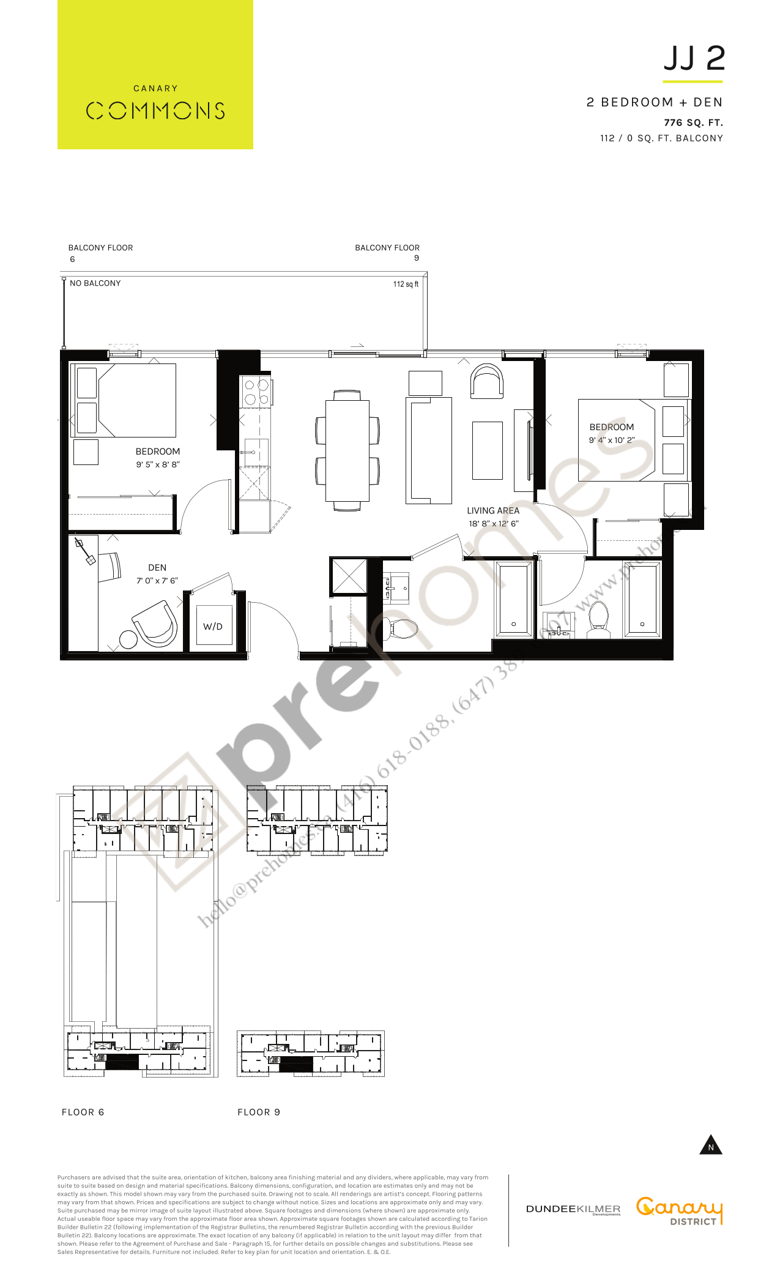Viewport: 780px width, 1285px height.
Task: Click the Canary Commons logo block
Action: [155, 75]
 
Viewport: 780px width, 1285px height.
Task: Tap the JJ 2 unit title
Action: [694, 59]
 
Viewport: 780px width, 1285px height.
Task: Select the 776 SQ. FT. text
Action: [693, 122]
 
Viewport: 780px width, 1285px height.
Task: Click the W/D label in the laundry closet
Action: [213, 627]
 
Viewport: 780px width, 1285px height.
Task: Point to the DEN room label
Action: [157, 568]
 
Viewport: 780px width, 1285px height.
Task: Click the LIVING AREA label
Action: [493, 510]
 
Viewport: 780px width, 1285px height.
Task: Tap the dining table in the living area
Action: [347, 450]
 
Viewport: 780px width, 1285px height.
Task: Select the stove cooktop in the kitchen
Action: [256, 392]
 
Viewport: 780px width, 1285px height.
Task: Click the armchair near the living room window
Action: [487, 381]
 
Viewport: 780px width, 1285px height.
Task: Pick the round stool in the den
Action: [128, 639]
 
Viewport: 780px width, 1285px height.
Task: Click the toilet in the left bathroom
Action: [402, 628]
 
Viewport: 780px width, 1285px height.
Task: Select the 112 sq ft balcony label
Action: [406, 284]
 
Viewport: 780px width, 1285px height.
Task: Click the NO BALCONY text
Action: [95, 283]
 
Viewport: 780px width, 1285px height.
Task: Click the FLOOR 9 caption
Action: [259, 1112]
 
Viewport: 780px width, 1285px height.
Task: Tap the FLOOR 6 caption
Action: [83, 1112]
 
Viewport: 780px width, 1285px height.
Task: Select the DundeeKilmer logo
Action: [573, 1209]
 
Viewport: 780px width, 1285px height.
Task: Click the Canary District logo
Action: [679, 1210]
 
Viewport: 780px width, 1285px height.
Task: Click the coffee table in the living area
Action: [488, 450]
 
